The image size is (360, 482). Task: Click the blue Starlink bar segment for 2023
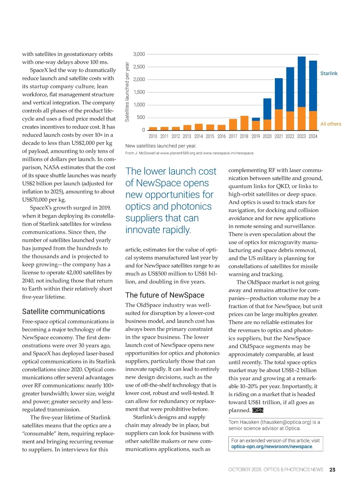301,82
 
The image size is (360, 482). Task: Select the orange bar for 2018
244,123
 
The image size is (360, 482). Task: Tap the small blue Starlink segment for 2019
256,119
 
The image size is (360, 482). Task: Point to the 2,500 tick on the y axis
139,67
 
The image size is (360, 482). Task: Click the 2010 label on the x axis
153,136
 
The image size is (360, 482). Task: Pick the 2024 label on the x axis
313,136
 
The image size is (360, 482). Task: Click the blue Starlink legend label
329,74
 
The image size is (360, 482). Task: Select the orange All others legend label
331,124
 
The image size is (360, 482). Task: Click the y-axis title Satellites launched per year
127,92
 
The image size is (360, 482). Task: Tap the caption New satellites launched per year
161,146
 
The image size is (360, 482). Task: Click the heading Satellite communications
63,312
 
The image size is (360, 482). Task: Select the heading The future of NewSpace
165,295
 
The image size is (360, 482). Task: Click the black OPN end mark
258,410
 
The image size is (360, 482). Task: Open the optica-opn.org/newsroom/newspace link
272,447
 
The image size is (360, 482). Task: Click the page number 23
332,470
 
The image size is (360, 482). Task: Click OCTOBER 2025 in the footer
244,470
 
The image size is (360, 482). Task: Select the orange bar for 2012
176,128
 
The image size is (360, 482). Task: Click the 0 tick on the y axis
143,130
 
